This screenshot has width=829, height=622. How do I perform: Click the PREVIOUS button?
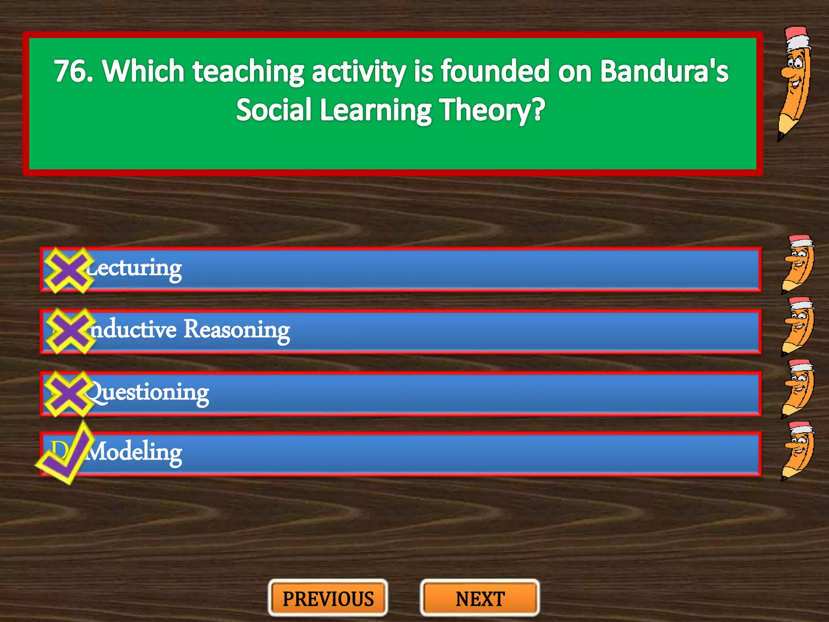click(328, 599)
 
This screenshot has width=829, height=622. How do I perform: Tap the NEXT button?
click(480, 599)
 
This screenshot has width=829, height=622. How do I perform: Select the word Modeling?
click(134, 452)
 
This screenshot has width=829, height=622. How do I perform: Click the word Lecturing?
click(134, 268)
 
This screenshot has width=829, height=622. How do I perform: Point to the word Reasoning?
click(237, 330)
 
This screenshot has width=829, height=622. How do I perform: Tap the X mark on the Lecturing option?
click(68, 270)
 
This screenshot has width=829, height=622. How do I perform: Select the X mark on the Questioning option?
click(68, 394)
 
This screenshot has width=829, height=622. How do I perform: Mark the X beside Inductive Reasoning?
click(70, 331)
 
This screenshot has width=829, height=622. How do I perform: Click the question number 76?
click(73, 71)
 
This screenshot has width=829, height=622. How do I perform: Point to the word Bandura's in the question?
click(664, 71)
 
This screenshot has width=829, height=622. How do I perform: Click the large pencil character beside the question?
click(794, 83)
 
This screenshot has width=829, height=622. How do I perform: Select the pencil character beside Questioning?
click(797, 389)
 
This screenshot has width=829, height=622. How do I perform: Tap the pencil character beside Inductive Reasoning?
click(797, 326)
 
